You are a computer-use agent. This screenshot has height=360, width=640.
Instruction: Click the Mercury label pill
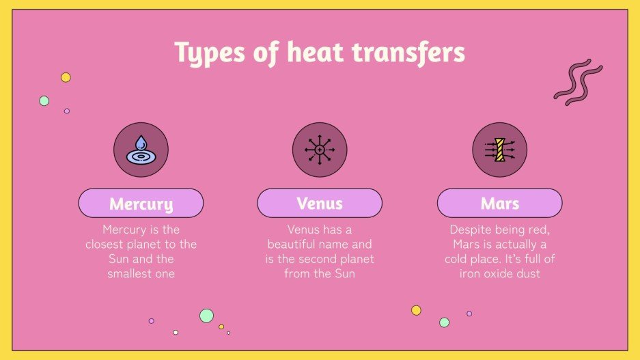pyautogui.click(x=141, y=203)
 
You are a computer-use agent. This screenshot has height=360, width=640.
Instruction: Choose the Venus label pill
pyautogui.click(x=320, y=203)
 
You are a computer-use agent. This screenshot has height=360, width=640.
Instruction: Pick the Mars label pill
pyautogui.click(x=499, y=203)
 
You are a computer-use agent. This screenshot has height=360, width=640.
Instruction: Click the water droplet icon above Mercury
pyautogui.click(x=141, y=150)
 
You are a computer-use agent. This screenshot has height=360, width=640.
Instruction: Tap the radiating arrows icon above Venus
pyautogui.click(x=320, y=150)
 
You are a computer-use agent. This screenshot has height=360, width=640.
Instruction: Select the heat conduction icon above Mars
pyautogui.click(x=499, y=150)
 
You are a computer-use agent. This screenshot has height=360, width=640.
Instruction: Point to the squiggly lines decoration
pyautogui.click(x=577, y=82)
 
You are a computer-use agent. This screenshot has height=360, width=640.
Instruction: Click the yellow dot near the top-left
pyautogui.click(x=66, y=77)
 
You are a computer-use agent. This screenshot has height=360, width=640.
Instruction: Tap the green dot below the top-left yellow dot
pyautogui.click(x=44, y=100)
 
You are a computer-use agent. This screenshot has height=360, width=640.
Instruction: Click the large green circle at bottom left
pyautogui.click(x=206, y=316)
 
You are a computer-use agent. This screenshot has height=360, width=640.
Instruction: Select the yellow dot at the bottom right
pyautogui.click(x=416, y=310)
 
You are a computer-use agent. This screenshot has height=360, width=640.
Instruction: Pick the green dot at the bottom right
pyautogui.click(x=444, y=322)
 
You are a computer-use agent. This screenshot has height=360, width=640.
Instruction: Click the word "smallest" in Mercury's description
pyautogui.click(x=132, y=273)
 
